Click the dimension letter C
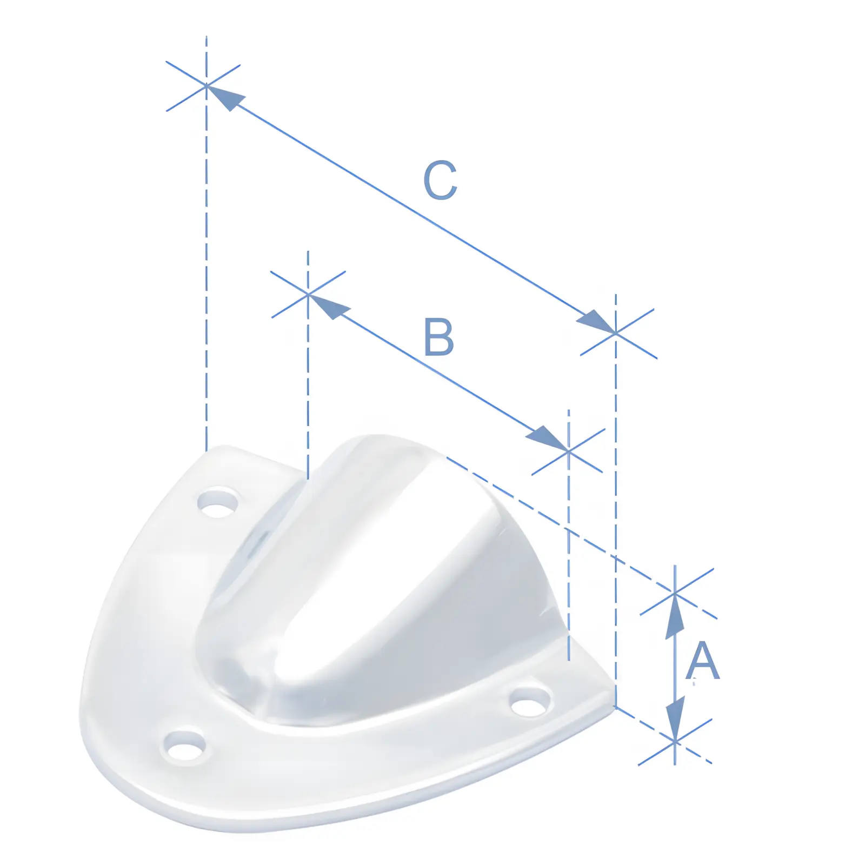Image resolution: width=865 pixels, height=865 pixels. pyautogui.click(x=440, y=180)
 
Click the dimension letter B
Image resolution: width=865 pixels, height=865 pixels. pyautogui.click(x=438, y=337)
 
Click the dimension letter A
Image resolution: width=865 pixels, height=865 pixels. pyautogui.click(x=702, y=660)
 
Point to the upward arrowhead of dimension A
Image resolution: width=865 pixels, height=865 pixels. pyautogui.click(x=675, y=616)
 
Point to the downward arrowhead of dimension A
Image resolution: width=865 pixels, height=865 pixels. pyautogui.click(x=675, y=719)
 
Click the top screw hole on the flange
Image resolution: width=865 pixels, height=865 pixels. pyautogui.click(x=217, y=502)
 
